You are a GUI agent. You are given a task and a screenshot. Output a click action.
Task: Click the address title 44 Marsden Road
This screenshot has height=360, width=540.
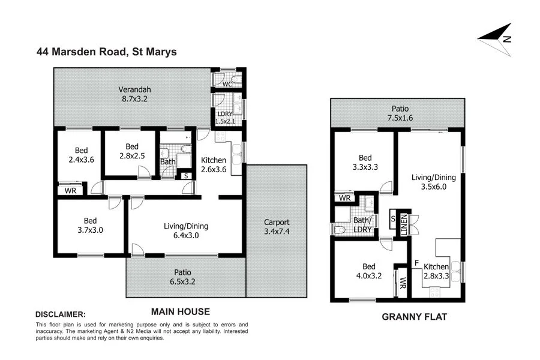click(106, 52)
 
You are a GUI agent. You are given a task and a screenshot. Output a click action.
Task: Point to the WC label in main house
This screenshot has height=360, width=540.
click(227, 85)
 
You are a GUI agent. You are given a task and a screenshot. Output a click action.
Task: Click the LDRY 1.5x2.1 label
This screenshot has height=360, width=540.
click(226, 118)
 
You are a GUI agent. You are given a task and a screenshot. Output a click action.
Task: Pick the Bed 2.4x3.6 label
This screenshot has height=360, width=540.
click(81, 155)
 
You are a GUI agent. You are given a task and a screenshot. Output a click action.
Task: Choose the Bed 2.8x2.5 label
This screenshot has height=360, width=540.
click(132, 151)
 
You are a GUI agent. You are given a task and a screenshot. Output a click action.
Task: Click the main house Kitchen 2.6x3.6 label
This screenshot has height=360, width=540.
click(213, 165)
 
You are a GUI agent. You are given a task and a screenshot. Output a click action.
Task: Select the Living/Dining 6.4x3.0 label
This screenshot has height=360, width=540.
click(186, 231)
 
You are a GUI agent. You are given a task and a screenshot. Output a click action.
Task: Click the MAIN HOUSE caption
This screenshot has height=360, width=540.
click(180, 311)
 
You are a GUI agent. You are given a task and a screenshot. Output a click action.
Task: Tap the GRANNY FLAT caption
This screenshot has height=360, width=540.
click(415, 316)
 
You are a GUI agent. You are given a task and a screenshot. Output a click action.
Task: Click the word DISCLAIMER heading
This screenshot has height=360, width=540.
click(61, 314)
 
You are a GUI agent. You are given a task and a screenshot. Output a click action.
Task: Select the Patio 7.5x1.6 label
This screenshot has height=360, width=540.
click(400, 113)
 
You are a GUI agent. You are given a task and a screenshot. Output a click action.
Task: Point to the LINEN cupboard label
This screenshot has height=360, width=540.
click(404, 223)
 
